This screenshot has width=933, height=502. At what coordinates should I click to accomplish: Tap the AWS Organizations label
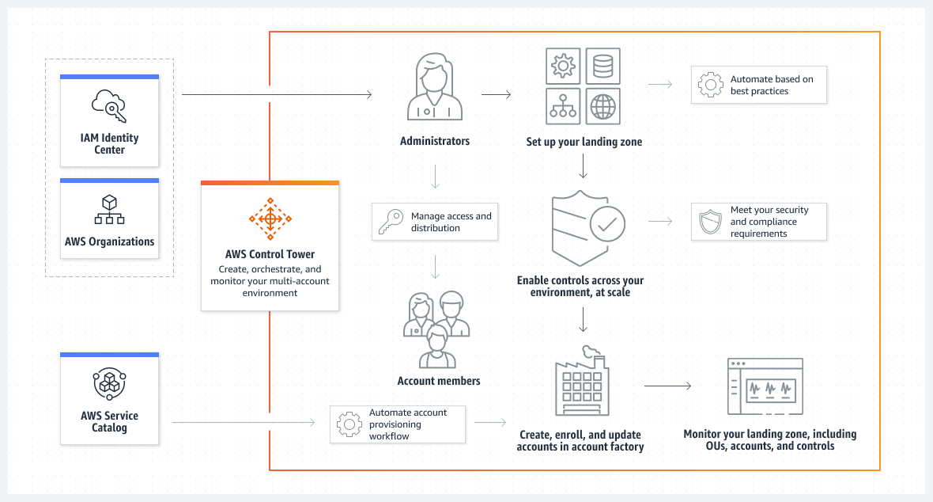[109, 241]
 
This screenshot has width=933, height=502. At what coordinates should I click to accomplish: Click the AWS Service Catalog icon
[109, 384]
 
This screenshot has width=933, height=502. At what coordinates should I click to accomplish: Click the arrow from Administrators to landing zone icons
[496, 95]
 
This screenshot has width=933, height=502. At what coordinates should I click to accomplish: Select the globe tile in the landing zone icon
[603, 106]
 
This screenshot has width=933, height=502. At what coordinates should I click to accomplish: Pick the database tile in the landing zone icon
[603, 66]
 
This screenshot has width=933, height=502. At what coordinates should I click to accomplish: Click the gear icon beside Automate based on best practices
[710, 85]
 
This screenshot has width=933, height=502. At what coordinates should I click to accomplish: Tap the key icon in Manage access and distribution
[390, 222]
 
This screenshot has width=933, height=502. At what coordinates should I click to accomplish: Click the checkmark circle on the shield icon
[607, 225]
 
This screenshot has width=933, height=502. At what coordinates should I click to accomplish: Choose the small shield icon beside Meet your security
[710, 222]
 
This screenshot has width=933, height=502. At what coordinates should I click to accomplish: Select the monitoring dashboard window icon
[765, 386]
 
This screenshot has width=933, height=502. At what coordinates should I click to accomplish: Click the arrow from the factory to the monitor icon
[667, 386]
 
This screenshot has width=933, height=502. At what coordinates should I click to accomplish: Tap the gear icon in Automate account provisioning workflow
[349, 424]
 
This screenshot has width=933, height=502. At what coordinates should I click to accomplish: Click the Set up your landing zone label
[584, 143]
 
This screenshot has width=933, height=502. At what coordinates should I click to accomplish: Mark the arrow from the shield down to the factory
[583, 318]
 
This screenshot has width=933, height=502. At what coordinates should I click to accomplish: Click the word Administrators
[435, 141]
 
